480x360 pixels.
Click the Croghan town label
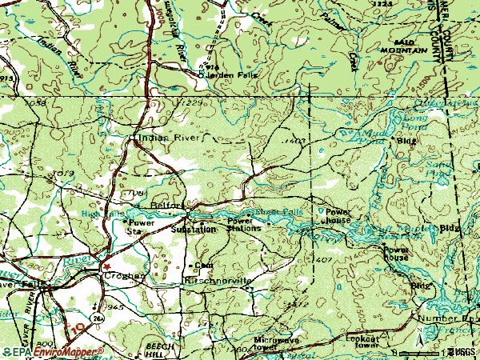click(125, 276)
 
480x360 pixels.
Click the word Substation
click(194, 230)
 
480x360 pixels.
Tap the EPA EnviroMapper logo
click(52, 351)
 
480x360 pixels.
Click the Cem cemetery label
click(203, 264)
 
